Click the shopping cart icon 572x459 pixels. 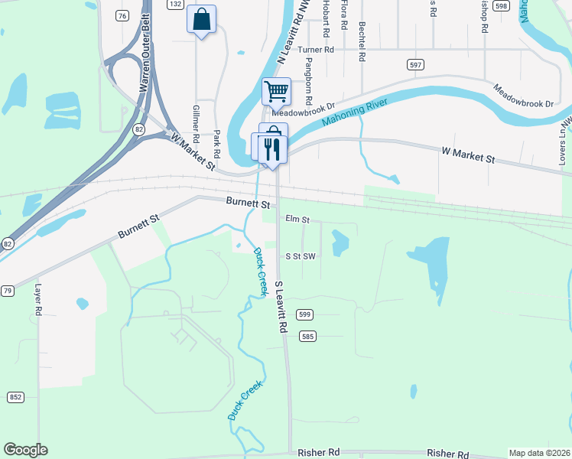tap(276, 91)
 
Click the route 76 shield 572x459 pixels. tap(122, 15)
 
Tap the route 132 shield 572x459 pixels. tap(175, 5)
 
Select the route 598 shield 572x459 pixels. tap(501, 5)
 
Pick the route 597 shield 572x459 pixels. tap(416, 65)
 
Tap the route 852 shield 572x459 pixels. tap(15, 397)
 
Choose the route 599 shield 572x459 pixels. tap(305, 314)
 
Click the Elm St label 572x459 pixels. tap(297, 220)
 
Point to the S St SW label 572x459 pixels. tap(301, 256)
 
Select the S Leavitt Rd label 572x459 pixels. tap(281, 307)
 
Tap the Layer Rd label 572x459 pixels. tap(37, 301)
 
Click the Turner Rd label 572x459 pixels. tap(317, 50)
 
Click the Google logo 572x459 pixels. tap(25, 450)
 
